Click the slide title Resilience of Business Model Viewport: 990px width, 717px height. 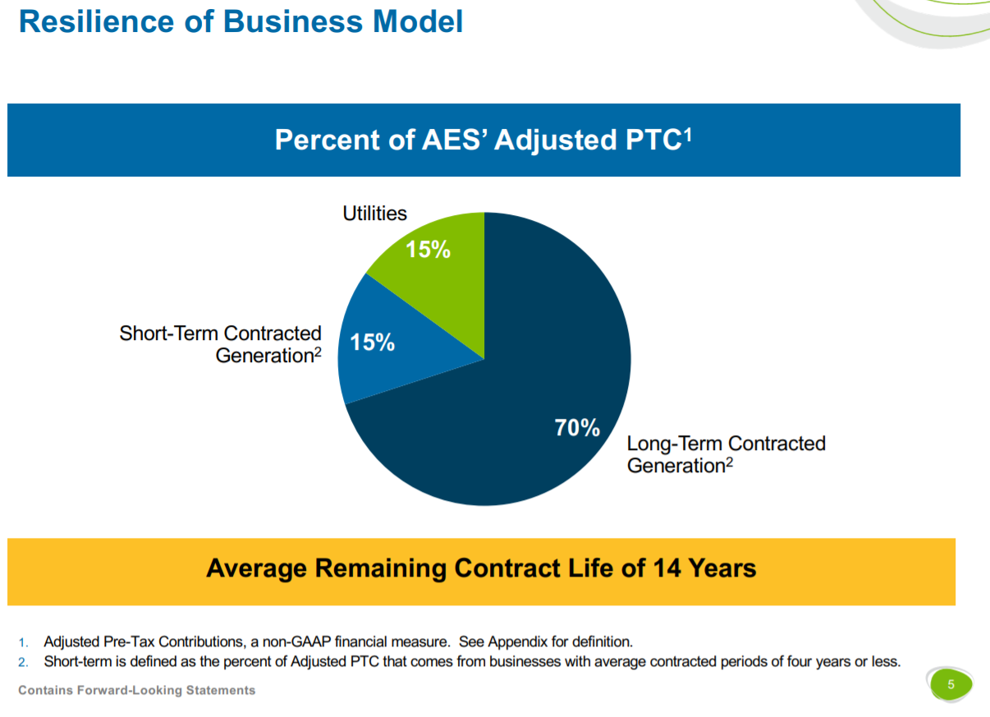(x=241, y=21)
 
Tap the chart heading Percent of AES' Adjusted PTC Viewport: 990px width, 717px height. (x=483, y=140)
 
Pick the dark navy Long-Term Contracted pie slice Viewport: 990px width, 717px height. (x=525, y=427)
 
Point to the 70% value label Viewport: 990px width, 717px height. (x=577, y=427)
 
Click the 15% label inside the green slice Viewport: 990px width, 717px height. (x=429, y=250)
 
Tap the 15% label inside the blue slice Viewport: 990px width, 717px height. (x=373, y=342)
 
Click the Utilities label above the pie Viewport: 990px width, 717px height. (x=374, y=214)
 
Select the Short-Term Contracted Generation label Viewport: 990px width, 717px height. (x=220, y=344)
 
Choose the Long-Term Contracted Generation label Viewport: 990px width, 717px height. (x=726, y=454)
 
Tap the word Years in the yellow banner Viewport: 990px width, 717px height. (x=722, y=568)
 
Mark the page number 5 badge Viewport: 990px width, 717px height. (x=951, y=684)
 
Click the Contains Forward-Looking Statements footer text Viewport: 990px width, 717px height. (x=136, y=690)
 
